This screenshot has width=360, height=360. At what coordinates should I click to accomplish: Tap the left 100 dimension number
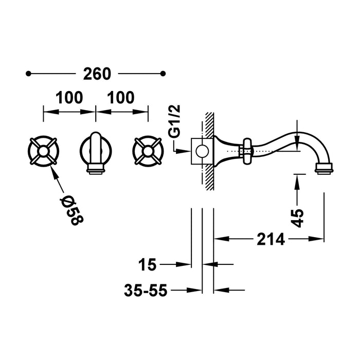click(69, 97)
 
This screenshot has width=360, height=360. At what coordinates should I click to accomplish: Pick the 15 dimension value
click(148, 265)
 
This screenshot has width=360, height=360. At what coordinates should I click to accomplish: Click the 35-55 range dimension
click(146, 291)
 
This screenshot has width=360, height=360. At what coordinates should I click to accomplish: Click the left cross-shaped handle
click(43, 150)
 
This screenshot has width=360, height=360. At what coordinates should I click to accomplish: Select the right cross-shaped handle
click(148, 150)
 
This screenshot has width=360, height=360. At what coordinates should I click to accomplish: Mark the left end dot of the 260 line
click(29, 74)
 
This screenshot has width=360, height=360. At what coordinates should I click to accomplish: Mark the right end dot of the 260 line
click(164, 74)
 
